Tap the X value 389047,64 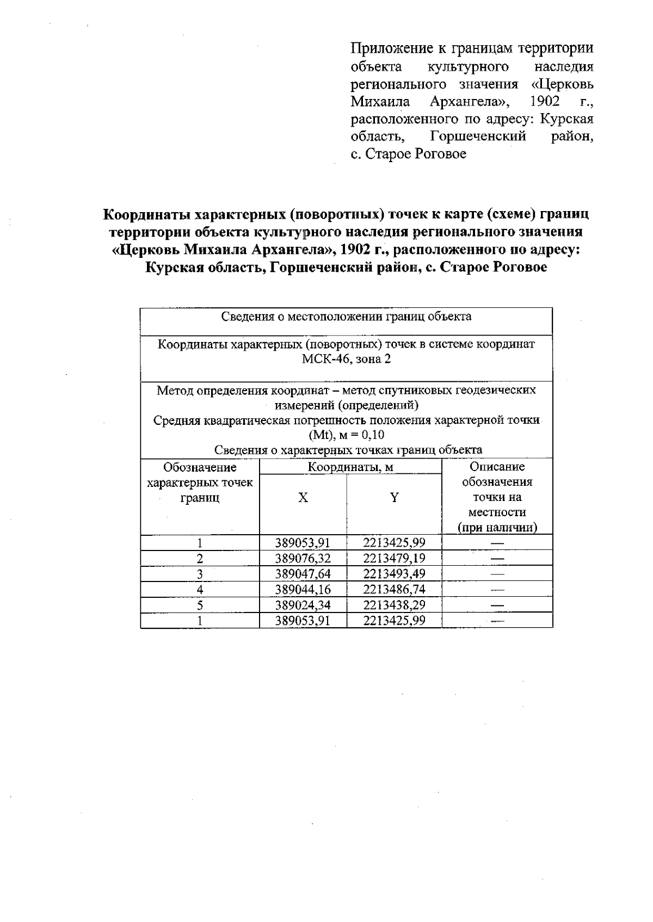coord(303,574)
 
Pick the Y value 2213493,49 coord(394,574)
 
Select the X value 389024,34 coord(303,605)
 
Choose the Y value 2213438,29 coord(394,605)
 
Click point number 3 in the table coord(200,574)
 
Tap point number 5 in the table coord(200,605)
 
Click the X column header coord(303,498)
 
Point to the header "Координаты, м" coord(350,467)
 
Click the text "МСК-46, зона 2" coord(346,360)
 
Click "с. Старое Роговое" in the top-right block coord(408,154)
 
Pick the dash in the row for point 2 coord(497,559)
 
